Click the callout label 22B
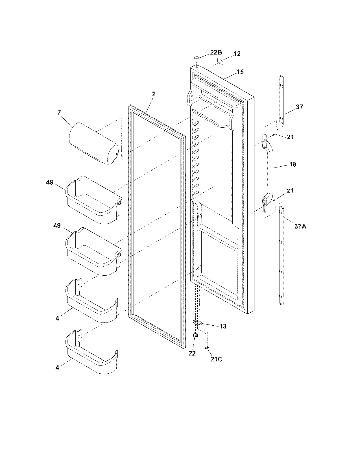click(x=216, y=52)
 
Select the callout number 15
click(x=240, y=72)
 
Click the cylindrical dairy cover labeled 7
click(x=93, y=143)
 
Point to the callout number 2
click(x=154, y=94)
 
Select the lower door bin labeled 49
click(x=93, y=251)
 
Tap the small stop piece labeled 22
click(x=195, y=335)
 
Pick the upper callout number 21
click(x=290, y=137)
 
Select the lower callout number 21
click(x=290, y=191)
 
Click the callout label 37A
click(x=300, y=226)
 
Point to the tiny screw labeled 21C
click(x=207, y=348)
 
